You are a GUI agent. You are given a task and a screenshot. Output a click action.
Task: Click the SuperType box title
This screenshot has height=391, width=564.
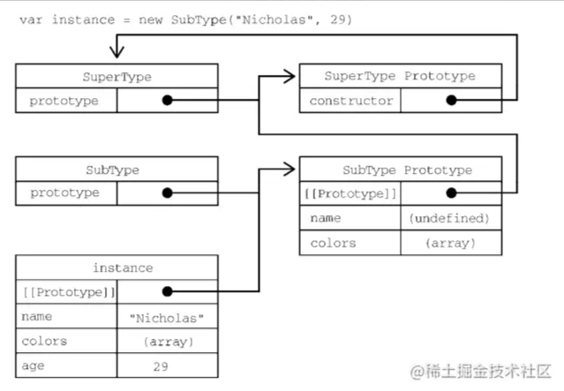point(117,77)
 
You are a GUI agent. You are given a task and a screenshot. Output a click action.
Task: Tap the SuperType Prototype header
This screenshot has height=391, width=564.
point(401,77)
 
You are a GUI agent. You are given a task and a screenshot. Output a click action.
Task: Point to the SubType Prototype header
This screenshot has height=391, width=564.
point(401,169)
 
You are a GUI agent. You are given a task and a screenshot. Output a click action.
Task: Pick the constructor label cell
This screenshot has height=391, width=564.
point(350,101)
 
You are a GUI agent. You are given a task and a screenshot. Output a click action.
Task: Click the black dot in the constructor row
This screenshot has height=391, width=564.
point(451,101)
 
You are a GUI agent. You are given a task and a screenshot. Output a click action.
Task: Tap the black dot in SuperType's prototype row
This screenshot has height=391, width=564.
point(167,101)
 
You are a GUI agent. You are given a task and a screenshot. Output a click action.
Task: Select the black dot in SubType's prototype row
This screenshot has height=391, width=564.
point(167,193)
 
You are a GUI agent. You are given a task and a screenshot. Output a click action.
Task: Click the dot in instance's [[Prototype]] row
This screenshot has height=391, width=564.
point(167,291)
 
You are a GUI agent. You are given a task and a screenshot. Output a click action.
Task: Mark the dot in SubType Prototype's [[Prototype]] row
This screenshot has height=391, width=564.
point(451,193)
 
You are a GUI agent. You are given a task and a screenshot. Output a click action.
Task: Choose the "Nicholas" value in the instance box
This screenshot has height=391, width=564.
point(167,317)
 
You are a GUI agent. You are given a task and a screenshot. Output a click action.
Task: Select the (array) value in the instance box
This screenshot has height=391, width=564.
point(167,341)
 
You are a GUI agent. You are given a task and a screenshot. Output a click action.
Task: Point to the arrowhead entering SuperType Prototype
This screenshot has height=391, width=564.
point(290,77)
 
